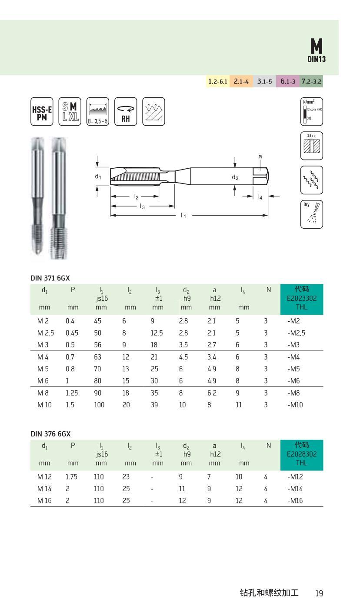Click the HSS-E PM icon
(x=42, y=112)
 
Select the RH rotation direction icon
(x=126, y=112)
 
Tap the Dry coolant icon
(x=312, y=214)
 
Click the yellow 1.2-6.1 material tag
(x=217, y=81)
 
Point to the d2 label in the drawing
(x=235, y=177)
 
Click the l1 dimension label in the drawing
(x=183, y=215)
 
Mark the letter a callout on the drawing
(x=260, y=156)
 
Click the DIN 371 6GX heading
(x=50, y=277)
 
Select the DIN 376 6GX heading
(x=50, y=434)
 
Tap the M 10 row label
(x=45, y=405)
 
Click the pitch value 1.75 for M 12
(x=72, y=476)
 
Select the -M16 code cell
(x=295, y=500)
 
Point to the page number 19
(x=319, y=593)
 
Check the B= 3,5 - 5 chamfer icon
(x=97, y=112)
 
